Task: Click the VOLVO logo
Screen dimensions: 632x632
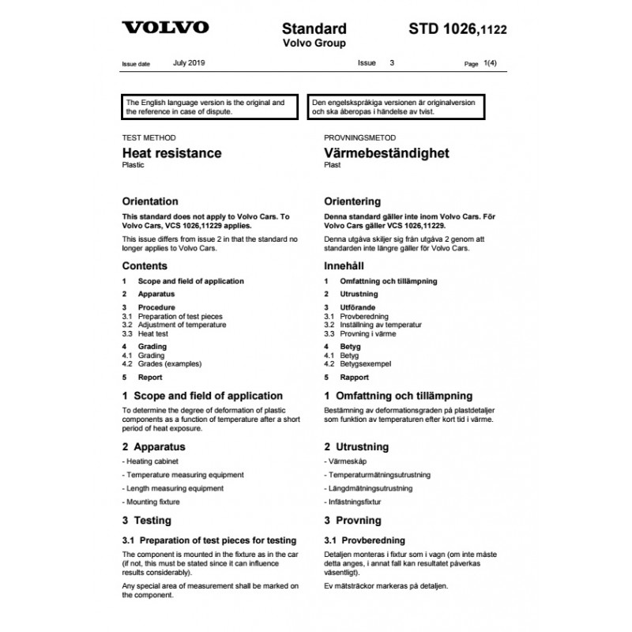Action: (164, 28)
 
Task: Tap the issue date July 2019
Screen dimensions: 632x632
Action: (189, 62)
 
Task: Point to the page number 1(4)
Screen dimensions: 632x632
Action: (492, 62)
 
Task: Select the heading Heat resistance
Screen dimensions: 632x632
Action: (171, 153)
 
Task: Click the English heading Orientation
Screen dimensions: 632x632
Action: (150, 201)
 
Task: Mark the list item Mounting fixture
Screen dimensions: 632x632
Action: (152, 502)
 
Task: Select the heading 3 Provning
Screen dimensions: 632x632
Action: (352, 521)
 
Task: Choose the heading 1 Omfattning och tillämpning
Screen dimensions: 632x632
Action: (398, 396)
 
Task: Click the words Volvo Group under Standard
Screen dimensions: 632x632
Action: (314, 43)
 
